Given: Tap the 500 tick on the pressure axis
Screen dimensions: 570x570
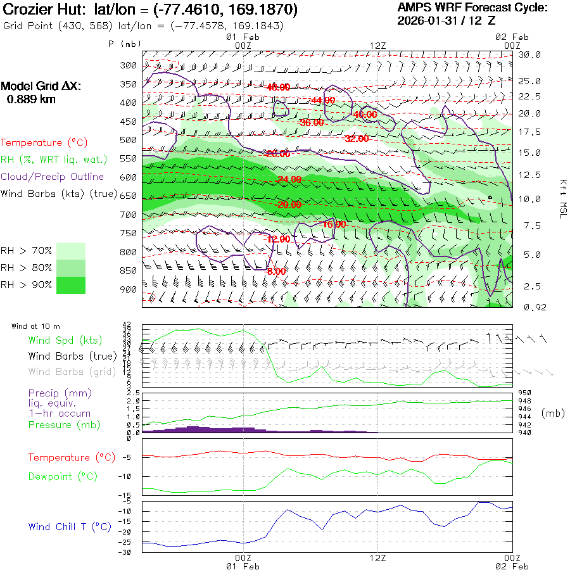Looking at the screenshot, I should click(129, 140).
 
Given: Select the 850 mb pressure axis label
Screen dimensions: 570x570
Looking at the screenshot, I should click(129, 271).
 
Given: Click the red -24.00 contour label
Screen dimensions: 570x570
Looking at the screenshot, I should click(289, 179).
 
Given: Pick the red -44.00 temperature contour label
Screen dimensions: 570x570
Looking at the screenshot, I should click(323, 100).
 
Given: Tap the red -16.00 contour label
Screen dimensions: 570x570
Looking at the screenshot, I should click(334, 224).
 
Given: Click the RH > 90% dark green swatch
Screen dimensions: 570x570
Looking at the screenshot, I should click(71, 285).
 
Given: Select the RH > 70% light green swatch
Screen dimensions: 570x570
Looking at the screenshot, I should click(71, 251).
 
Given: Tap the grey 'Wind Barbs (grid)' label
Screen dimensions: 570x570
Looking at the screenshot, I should click(70, 372).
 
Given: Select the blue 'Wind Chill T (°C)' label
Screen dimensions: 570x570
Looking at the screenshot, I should click(70, 526).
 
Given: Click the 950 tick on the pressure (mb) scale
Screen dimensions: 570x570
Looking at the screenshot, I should click(524, 393).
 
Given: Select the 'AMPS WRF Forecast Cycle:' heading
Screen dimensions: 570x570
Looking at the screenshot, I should click(472, 8).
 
